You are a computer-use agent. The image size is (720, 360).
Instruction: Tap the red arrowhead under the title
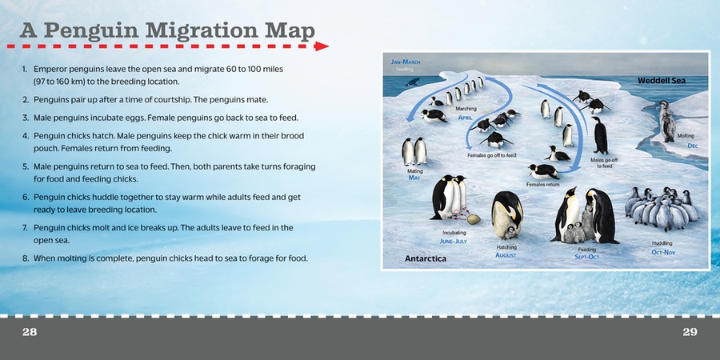coord(322,46)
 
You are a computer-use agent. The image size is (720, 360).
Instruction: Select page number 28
coord(30,332)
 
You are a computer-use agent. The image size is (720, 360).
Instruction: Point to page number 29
coord(690,332)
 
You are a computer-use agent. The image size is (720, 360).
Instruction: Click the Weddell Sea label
coord(662,81)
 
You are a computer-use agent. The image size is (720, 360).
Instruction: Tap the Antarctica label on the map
coord(426,258)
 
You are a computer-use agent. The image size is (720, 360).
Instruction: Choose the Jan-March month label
coord(406,62)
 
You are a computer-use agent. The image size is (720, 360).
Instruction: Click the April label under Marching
coord(465,118)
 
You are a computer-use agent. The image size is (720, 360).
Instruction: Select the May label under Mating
coord(414,178)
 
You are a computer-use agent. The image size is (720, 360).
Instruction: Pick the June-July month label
coord(454,241)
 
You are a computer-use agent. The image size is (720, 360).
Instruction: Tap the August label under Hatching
coord(506,255)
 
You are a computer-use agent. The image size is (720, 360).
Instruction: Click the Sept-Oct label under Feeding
coord(587,257)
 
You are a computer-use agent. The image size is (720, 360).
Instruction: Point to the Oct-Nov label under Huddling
coord(663,252)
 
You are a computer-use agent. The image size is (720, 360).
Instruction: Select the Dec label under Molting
coord(693,146)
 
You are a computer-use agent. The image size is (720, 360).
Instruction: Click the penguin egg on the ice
coord(474,219)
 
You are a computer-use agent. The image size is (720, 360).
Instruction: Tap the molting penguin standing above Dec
coord(666,122)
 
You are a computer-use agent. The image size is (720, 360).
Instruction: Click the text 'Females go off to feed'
coord(492,155)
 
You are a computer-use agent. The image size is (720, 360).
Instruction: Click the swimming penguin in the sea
coord(412,82)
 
